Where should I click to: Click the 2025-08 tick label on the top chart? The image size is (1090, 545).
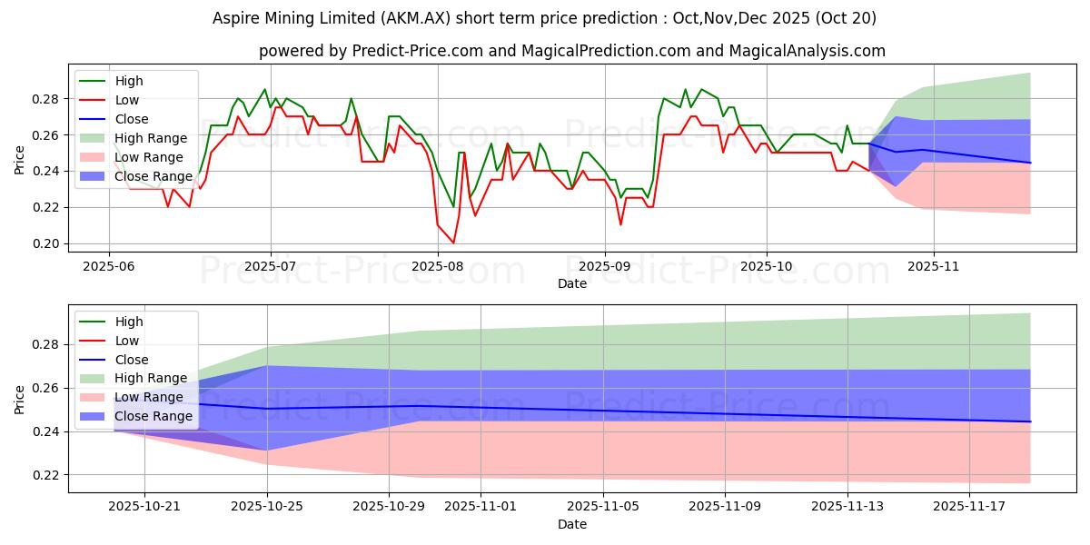438,267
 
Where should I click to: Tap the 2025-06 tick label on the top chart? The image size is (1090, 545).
109,267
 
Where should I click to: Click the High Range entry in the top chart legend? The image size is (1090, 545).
151,138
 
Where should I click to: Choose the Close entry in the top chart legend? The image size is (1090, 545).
132,119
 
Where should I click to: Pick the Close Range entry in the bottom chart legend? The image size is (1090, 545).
154,416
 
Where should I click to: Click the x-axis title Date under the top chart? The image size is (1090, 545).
572,283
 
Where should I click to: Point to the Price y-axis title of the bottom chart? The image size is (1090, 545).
20,399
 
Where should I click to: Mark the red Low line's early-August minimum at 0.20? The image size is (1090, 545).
453,243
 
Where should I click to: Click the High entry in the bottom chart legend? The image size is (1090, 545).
128,322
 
